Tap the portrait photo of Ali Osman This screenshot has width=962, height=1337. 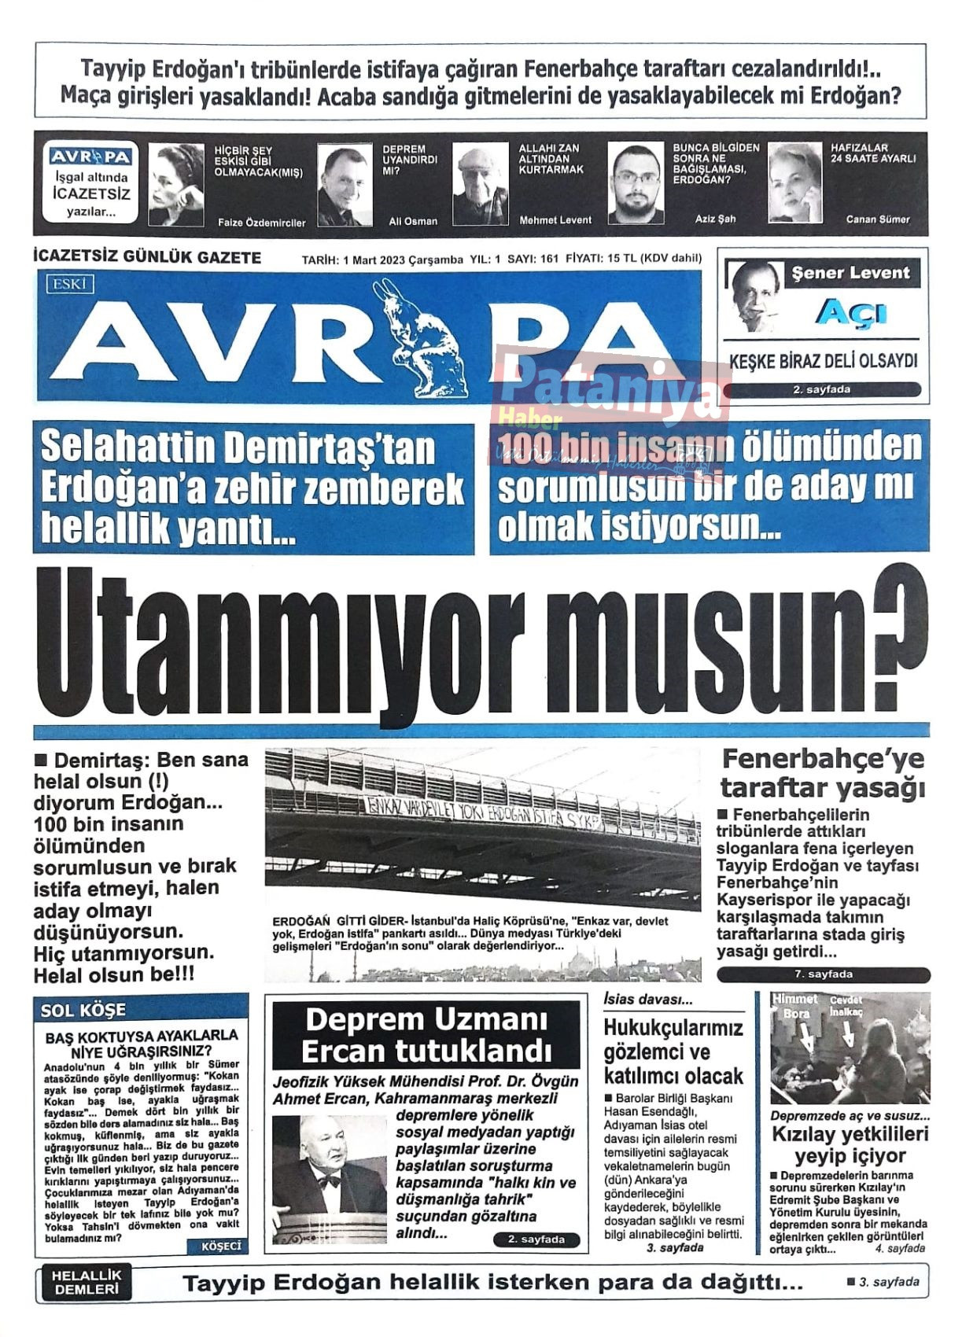coord(344,185)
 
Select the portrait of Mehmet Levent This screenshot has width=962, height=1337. coord(480,185)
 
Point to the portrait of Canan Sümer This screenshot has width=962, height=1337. coord(794,183)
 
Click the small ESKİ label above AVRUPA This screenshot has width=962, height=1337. coord(69,284)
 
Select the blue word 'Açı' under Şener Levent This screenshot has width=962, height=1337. coord(850,313)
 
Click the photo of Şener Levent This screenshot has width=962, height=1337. coord(754,296)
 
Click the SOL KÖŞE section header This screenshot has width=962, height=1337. coord(83,1010)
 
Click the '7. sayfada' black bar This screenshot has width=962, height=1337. coord(823,974)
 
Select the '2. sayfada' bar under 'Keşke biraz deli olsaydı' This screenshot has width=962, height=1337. coord(821,389)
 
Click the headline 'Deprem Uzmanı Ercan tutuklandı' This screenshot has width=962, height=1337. coord(426,1035)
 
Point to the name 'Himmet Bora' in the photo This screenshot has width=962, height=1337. coord(795,1006)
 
